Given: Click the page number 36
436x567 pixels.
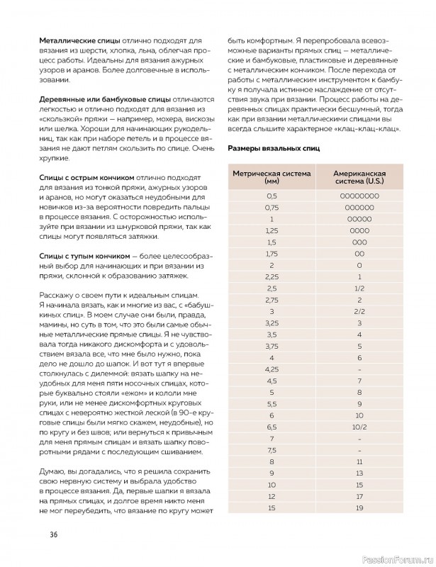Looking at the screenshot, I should tap(53, 534).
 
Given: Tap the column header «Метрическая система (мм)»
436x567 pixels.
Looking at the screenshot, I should tap(270, 176).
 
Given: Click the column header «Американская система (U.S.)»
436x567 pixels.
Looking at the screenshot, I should tap(360, 176).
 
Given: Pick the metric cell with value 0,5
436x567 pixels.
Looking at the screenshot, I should tap(270, 196).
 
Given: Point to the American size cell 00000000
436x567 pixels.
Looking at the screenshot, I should tap(360, 196).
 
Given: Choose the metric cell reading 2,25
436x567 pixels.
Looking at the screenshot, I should tap(270, 276).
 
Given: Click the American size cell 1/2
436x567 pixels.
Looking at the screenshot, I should tap(360, 289).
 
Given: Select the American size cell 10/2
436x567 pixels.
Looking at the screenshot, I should tap(360, 427).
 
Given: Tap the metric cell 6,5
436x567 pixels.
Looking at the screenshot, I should tap(270, 427).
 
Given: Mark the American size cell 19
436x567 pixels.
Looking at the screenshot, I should tap(360, 508).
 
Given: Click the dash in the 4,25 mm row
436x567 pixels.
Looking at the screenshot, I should tap(360, 369).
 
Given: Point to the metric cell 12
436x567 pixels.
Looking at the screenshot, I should tap(270, 496).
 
